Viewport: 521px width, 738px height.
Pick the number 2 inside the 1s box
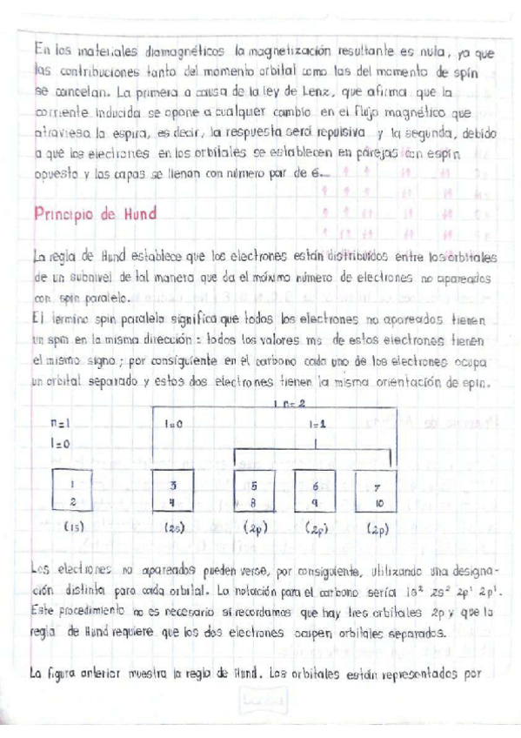pos(73,500)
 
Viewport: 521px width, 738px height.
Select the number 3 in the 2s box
pos(172,486)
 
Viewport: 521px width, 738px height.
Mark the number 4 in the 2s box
pos(172,500)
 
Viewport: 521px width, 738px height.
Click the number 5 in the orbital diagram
pos(254,486)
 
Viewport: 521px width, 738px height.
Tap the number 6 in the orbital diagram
pos(315,486)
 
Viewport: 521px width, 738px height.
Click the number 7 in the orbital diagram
pos(377,487)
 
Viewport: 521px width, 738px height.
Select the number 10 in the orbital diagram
pos(377,501)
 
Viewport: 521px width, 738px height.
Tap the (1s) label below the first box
pos(73,527)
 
